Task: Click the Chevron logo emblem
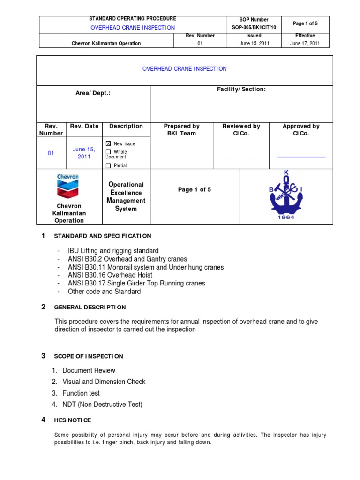coord(68,186)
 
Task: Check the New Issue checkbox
coord(109,144)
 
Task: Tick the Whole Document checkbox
coord(109,152)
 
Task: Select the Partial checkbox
coord(109,165)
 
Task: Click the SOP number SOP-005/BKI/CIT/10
coord(254,28)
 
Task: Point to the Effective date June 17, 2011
coord(305,44)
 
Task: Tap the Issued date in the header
coord(254,44)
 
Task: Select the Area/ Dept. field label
coord(93,93)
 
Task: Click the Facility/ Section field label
coord(241,89)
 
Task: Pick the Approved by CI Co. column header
coord(301,129)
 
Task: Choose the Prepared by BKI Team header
coord(181,129)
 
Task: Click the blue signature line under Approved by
coord(301,157)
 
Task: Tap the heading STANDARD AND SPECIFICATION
coord(103,236)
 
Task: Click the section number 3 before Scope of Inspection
coord(43,356)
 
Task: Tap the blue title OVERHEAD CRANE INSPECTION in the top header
coord(133,28)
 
